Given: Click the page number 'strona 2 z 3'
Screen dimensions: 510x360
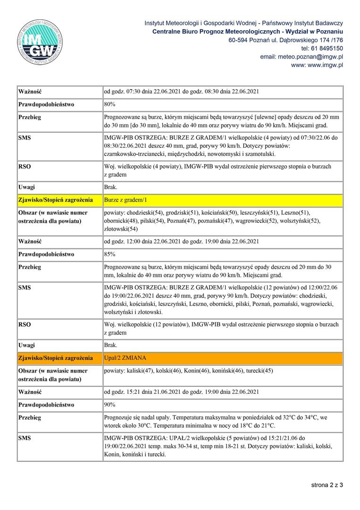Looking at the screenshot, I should pyautogui.click(x=327, y=484).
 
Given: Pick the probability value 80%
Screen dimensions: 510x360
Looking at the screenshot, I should pyautogui.click(x=110, y=103).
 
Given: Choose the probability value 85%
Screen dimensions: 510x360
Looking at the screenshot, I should pyautogui.click(x=110, y=254).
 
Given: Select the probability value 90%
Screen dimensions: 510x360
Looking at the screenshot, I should pyautogui.click(x=110, y=405).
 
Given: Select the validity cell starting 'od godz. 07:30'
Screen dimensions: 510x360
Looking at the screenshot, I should pyautogui.click(x=181, y=91).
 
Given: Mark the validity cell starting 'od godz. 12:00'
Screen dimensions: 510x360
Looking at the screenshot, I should pyautogui.click(x=181, y=241).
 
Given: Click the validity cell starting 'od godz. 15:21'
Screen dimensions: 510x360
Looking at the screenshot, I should pyautogui.click(x=181, y=392).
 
